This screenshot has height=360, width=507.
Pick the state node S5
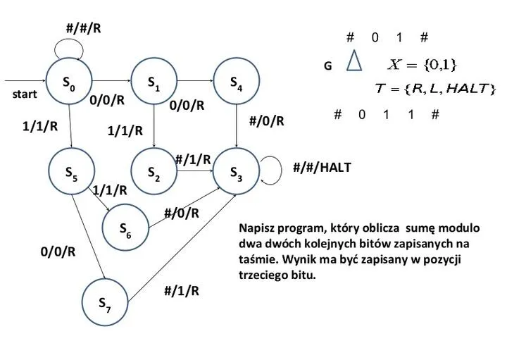tap(72, 171)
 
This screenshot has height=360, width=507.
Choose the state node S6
tap(125, 227)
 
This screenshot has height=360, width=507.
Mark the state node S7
tap(104, 301)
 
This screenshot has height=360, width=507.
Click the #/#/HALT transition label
tap(321, 168)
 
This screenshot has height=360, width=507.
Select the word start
tap(25, 94)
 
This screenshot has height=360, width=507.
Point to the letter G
tap(327, 66)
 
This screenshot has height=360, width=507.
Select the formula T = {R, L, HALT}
tap(434, 89)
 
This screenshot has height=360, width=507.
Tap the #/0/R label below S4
tap(267, 120)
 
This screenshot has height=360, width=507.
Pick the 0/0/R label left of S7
tap(58, 252)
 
